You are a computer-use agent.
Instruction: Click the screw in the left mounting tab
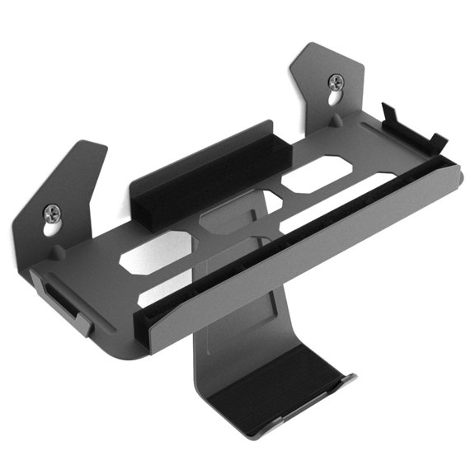click(x=52, y=213)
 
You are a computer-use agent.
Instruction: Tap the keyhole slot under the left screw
click(x=55, y=230)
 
